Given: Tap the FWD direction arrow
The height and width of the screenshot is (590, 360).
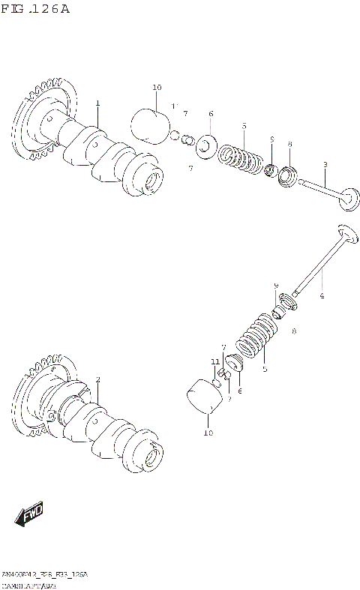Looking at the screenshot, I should point(28,515).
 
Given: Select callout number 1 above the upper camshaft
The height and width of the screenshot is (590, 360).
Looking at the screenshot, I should point(97,103).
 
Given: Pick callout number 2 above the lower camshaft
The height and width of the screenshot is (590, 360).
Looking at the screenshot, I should point(97,380).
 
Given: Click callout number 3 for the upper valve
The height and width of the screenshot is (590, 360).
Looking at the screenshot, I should point(325,164).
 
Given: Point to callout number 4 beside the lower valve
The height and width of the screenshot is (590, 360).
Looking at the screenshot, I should point(322,297).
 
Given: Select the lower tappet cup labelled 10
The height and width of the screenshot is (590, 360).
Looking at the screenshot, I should point(205,400).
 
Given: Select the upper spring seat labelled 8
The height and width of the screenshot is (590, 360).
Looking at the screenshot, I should point(287,178).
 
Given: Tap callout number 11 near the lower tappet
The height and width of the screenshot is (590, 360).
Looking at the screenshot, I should point(214,362).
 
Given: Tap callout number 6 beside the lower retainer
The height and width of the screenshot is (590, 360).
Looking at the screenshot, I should point(239,391).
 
